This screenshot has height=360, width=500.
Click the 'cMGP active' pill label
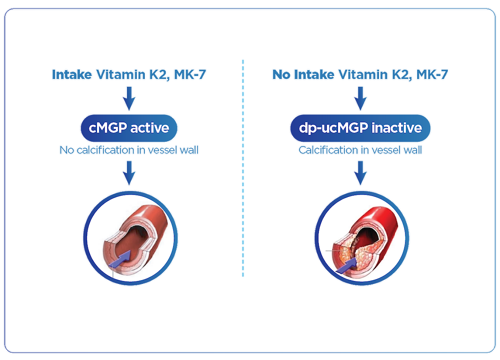coord(129,128)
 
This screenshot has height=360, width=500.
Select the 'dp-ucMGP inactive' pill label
coord(360,128)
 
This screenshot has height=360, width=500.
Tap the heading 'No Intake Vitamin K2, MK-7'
coord(360,75)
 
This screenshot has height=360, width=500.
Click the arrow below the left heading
coord(129,99)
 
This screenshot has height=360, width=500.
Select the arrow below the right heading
coord(360,99)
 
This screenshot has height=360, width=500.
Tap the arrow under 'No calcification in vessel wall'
coord(129,173)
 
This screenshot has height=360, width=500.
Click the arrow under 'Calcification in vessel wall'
coord(360,173)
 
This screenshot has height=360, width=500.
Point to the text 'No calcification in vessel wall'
coord(129,150)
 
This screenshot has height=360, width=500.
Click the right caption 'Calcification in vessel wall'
coord(360,150)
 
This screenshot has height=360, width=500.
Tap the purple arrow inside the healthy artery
coord(120,259)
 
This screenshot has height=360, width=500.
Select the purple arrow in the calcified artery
coord(347,265)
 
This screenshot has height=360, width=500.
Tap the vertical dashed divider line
coord(243,168)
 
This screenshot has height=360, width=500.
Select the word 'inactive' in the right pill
coord(397,128)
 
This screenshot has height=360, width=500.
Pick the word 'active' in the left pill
coord(150,128)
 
